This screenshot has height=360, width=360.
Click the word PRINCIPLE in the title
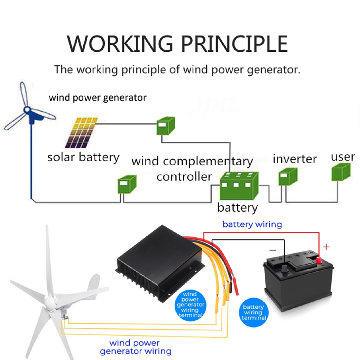pos(234,44)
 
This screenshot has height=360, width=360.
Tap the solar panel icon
pos(81,133)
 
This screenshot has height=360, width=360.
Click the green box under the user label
pos(341,172)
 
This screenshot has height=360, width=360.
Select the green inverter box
pos(288,176)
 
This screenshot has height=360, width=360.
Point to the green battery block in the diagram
pos(239,186)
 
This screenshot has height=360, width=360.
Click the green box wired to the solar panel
pos(166,126)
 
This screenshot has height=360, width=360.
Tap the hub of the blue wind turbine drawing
pos(27,110)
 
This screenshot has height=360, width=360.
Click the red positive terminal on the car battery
pos(319,261)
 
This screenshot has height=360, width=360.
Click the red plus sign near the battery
pos(326,247)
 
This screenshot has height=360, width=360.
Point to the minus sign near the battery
pos(273,250)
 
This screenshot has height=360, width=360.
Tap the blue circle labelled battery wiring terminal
pos(254,312)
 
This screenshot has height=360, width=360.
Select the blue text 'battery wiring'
pos(252,224)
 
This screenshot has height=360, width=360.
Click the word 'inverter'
pos(295,159)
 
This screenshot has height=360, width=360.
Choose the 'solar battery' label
pos(83,158)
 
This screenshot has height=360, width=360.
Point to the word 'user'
pos(343,157)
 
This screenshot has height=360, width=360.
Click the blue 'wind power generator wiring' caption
pos(135,347)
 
